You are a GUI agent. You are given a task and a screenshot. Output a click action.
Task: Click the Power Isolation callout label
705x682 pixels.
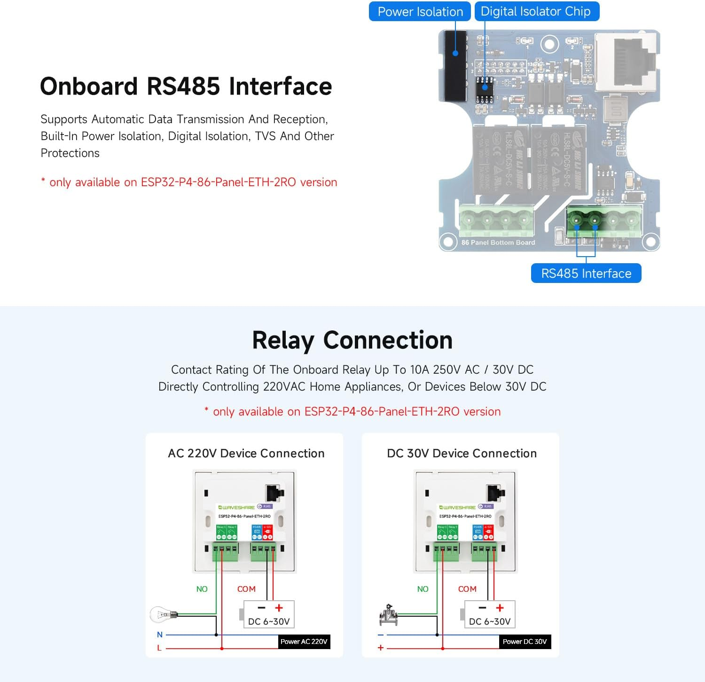tap(420, 12)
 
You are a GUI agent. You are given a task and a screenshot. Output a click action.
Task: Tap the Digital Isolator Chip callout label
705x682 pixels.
tap(536, 12)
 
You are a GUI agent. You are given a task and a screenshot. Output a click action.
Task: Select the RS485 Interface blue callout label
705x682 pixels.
tap(586, 274)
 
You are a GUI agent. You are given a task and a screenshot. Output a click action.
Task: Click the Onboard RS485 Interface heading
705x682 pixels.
tap(186, 86)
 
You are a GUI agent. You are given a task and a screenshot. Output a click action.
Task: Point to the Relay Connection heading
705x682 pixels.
tap(352, 340)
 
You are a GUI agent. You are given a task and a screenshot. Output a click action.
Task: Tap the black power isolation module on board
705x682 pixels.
tap(454, 65)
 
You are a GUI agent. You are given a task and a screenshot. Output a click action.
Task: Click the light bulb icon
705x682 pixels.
tap(163, 614)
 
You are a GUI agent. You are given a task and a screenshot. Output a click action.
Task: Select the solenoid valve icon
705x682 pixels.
tap(388, 615)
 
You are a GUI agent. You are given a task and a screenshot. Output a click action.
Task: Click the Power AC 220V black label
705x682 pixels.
tap(304, 642)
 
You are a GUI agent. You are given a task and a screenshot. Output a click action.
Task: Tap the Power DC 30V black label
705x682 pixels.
tap(525, 642)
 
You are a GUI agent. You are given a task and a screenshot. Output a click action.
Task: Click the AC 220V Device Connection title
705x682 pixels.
tap(246, 454)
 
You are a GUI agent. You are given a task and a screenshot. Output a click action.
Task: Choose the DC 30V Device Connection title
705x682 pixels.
tap(462, 454)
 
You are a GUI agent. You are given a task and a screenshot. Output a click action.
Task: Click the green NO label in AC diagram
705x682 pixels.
tap(202, 589)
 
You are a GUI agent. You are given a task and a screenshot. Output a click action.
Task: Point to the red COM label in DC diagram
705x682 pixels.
tap(467, 589)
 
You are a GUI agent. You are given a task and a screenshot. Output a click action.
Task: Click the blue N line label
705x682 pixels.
tap(160, 635)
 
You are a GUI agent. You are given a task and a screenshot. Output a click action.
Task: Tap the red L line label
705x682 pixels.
tap(159, 648)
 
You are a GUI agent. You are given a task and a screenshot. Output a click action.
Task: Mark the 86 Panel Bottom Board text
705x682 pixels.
tap(498, 243)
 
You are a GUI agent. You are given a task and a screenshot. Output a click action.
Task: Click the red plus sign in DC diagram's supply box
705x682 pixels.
tap(500, 608)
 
